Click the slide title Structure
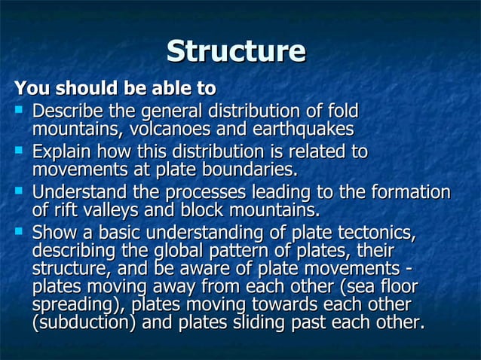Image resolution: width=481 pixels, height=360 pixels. pyautogui.click(x=236, y=51)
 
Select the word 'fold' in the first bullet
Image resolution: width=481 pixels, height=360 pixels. pyautogui.click(x=341, y=110)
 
